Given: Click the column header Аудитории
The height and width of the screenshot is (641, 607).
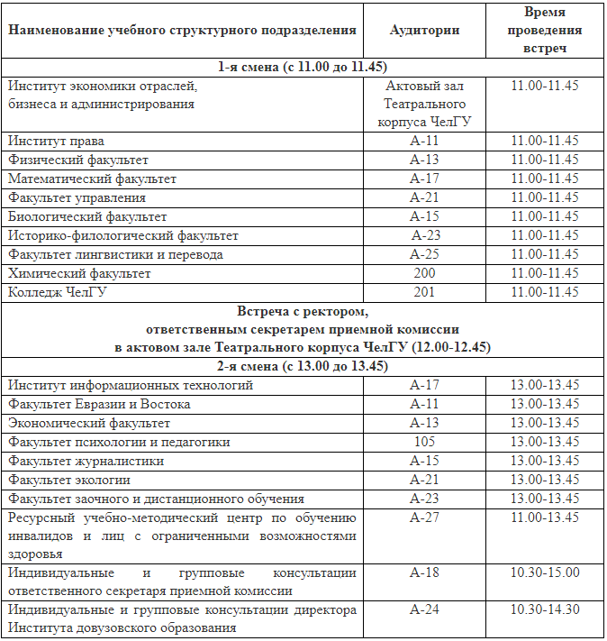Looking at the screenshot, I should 423,30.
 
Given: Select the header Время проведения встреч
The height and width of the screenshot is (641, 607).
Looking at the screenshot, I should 545,30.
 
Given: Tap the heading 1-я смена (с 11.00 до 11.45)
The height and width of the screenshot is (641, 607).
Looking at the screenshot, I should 303,67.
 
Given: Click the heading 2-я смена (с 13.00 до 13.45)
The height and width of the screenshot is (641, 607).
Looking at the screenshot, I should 303,366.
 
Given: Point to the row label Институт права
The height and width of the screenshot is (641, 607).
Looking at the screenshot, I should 56,141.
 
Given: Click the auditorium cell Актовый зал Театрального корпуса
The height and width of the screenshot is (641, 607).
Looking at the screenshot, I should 423,104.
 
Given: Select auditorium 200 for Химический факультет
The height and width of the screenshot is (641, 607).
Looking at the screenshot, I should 423,273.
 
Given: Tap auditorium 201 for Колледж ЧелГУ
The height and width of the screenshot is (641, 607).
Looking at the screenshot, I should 423,292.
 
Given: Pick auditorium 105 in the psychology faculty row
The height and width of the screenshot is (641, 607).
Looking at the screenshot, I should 423,442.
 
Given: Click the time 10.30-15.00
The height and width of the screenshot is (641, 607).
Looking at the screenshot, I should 545,572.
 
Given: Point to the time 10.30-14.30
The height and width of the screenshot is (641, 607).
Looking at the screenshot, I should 545,610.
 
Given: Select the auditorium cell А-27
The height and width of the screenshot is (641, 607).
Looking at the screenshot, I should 423,517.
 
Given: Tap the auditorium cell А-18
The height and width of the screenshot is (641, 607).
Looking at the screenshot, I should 423,572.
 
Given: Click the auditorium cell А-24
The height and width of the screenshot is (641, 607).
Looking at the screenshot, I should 423,610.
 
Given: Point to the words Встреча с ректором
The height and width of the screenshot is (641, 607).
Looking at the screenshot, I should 303,312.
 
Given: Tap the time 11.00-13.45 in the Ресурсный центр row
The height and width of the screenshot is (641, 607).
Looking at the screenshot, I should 545,517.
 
